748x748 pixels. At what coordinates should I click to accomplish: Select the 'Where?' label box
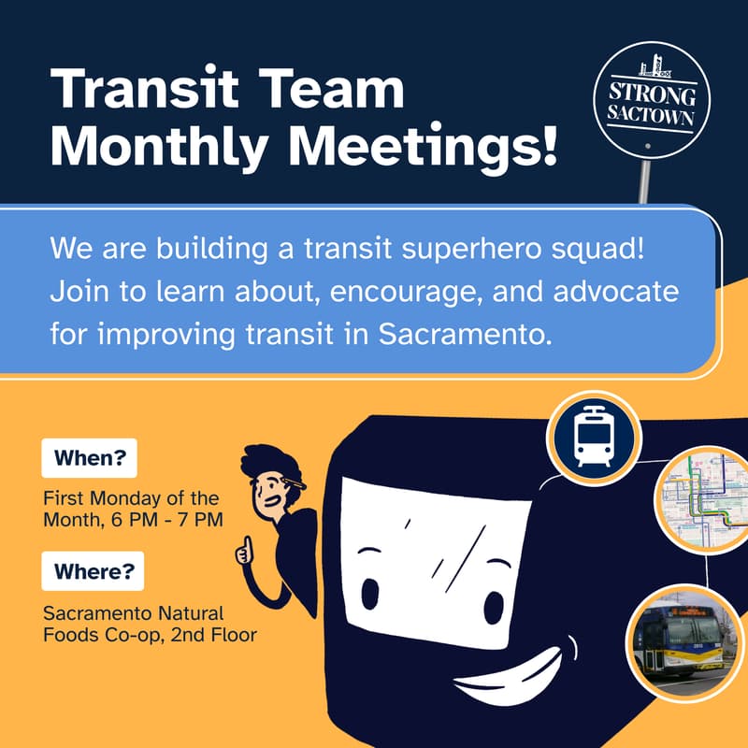tap(92, 570)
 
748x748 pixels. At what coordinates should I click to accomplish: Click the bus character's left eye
tap(370, 591)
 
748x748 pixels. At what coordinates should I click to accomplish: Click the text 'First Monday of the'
tap(131, 497)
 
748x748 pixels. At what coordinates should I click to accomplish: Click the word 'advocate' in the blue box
tap(627, 293)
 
